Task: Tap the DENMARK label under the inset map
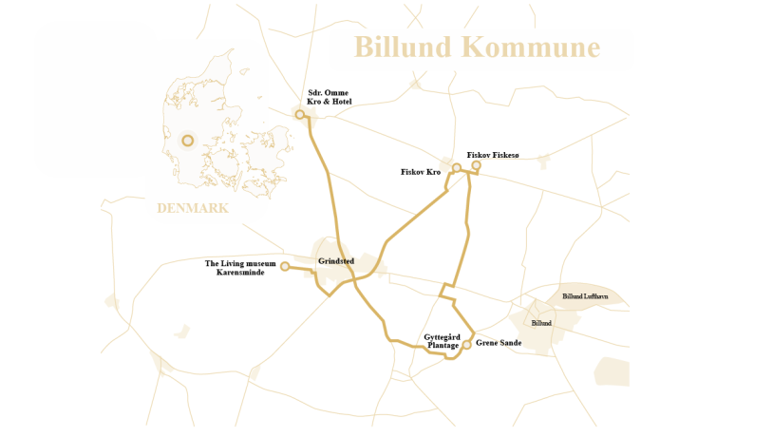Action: (193, 208)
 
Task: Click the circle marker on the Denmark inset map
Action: (188, 141)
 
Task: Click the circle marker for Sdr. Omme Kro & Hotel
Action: (300, 115)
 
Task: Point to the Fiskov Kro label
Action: (422, 172)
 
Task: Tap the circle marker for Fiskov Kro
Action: (457, 168)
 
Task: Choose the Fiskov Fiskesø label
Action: (493, 155)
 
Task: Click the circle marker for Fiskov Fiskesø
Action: (477, 165)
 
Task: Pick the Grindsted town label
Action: (336, 260)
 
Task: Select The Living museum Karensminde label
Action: (240, 268)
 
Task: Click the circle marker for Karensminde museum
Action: (285, 267)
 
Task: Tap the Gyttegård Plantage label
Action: (443, 341)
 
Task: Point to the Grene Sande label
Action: (499, 343)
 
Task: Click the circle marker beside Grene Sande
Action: (467, 345)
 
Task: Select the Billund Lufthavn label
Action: (585, 296)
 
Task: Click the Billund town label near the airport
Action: (541, 323)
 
